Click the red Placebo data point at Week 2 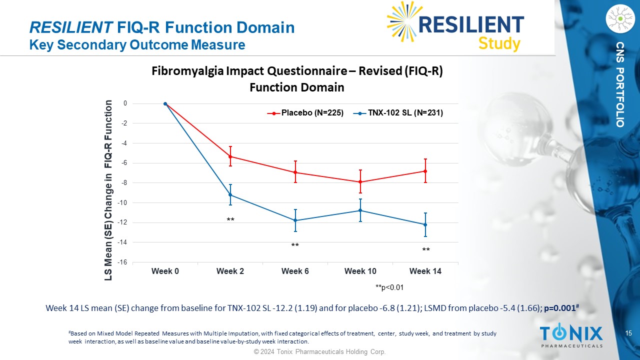coord(230,156)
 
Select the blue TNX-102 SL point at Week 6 coord(295,220)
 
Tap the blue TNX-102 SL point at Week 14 coord(425,224)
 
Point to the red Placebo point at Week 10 coord(360,182)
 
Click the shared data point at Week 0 coord(165,103)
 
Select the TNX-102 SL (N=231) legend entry coord(400,113)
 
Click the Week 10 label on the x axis coord(360,271)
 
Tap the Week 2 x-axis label coord(230,271)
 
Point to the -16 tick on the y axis coord(122,262)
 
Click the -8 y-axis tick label coord(123,183)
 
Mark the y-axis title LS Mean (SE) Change coord(108,190)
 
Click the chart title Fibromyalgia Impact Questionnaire coord(297,71)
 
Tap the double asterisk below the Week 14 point coord(425,249)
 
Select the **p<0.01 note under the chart coord(389,287)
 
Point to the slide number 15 coord(628,333)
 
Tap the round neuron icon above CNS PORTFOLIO coord(619,19)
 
